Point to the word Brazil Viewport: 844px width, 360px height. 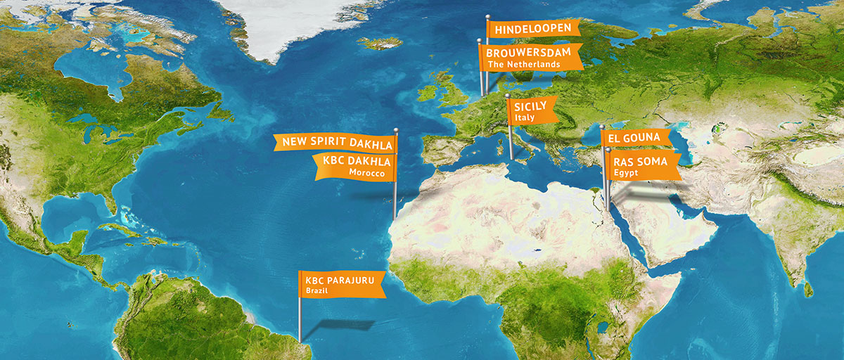click(x=314, y=290)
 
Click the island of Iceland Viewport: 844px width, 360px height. click(x=380, y=43)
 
